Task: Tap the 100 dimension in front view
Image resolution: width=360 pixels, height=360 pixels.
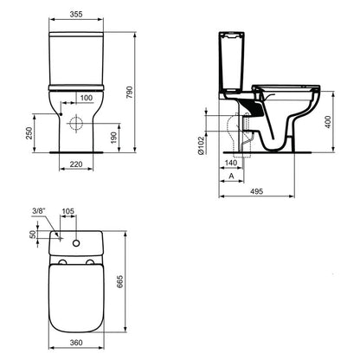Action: point(87,98)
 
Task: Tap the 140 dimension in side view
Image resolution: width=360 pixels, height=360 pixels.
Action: point(231,164)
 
